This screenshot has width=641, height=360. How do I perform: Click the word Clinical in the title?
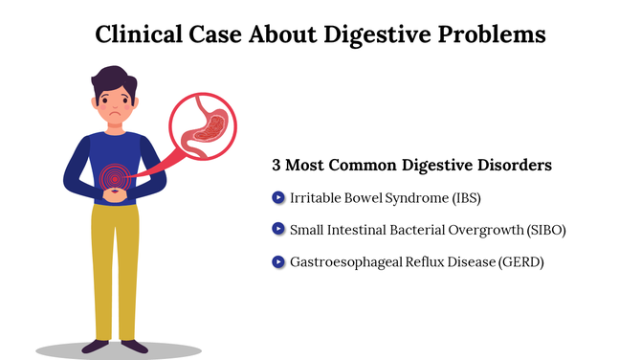(x=139, y=34)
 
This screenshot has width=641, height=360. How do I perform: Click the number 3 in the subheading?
(x=277, y=166)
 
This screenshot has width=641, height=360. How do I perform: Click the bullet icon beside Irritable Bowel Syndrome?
(x=278, y=197)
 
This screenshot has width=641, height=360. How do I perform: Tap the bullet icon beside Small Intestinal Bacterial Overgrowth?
(x=278, y=229)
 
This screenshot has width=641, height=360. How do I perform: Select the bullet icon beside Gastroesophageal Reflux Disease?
(x=278, y=260)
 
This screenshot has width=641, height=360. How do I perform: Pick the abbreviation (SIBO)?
(x=554, y=230)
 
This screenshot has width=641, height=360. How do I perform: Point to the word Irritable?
(x=316, y=198)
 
